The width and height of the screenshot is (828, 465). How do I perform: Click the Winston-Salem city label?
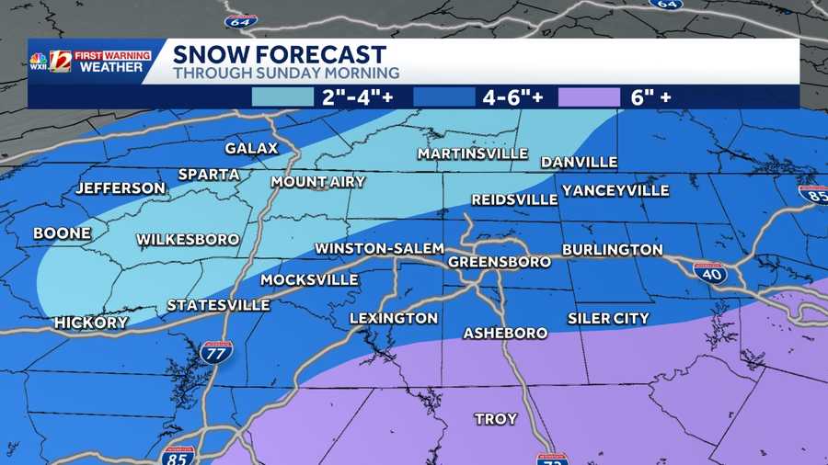pos(379,249)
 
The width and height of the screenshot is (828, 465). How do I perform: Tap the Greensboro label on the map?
pos(500,262)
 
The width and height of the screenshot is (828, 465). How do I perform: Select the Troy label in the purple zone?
pos(495,419)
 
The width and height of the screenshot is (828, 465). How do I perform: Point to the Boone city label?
pos(63,233)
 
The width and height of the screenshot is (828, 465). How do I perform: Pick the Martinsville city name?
pos(472,153)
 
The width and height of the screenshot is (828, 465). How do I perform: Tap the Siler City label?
pos(608,319)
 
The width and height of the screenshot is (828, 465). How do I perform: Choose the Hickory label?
pos(91,323)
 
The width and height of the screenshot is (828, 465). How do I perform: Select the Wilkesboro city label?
pos(188,240)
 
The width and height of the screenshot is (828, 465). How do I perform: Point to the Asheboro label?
pos(505,333)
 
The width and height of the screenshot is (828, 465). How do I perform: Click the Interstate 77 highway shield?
pos(216,350)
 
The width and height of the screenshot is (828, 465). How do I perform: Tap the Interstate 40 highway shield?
pos(709,272)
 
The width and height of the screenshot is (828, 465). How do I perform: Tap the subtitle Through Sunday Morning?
pos(286,73)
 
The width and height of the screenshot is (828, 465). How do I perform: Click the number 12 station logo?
pos(60,61)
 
